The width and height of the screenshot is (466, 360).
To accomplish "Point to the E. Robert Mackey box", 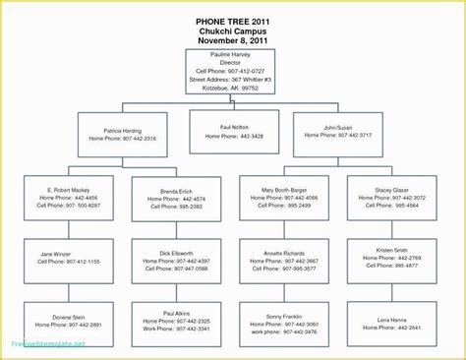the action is [70, 198].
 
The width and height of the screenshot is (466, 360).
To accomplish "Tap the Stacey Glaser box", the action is [392, 198].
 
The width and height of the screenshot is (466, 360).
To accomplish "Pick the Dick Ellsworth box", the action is [177, 260].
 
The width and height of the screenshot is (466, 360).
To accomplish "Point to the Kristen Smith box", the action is [392, 260].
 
